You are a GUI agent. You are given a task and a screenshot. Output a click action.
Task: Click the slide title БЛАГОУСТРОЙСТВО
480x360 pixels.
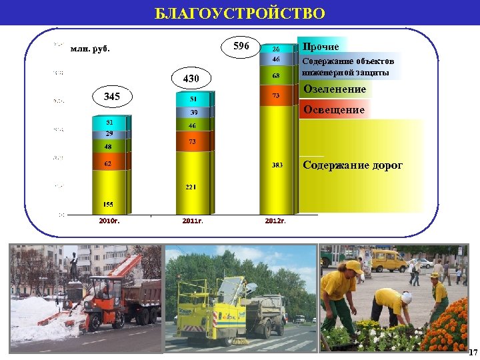pos(240,14)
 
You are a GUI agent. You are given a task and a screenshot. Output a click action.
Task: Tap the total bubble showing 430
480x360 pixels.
pos(192,79)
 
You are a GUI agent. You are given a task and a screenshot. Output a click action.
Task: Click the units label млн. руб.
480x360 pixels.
pos(90,49)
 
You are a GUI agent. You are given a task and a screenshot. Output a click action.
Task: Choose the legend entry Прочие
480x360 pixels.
pos(321,47)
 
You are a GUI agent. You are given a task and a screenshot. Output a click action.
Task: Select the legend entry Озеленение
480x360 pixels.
pos(335,89)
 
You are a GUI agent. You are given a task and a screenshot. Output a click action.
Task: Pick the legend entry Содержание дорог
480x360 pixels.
pos(353,165)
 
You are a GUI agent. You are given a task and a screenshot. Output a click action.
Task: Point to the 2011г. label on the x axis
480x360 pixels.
pos(192,221)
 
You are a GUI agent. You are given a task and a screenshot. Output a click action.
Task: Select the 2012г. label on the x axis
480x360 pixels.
pos(275,221)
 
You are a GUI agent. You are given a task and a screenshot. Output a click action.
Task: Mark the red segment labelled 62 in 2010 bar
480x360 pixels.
pos(108,162)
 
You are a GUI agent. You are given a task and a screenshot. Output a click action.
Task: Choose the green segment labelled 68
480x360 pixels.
pos(275,76)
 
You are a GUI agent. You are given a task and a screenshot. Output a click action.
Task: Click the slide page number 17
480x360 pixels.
pos(473,352)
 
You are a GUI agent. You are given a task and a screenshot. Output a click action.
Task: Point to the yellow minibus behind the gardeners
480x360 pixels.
pos(387,259)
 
